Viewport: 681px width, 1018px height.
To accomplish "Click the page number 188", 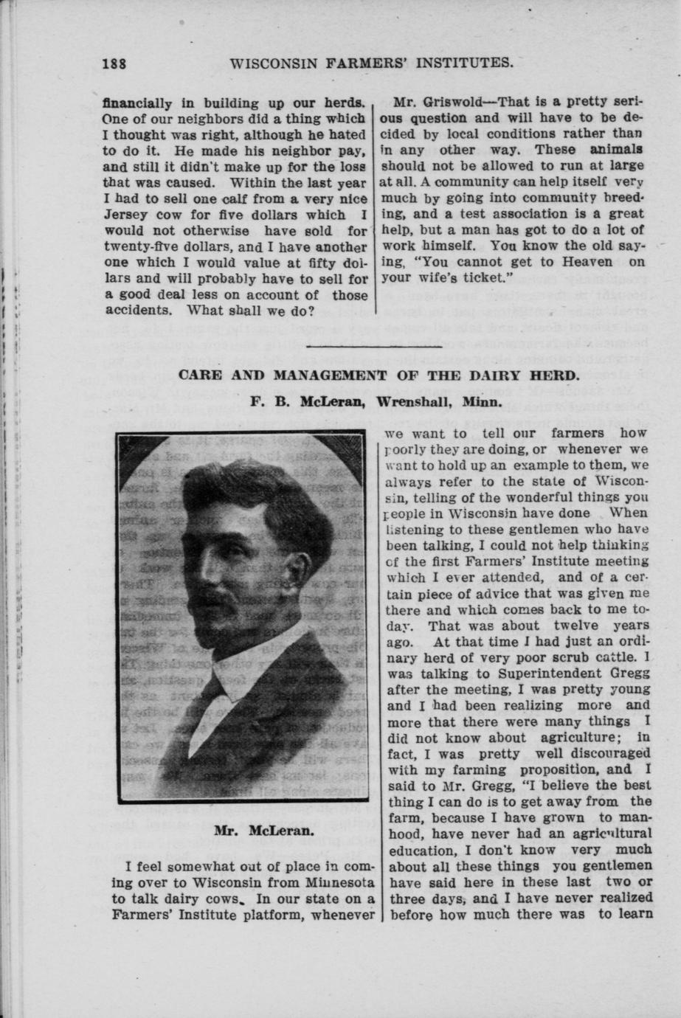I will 114,63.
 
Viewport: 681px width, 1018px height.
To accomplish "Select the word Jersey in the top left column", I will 125,215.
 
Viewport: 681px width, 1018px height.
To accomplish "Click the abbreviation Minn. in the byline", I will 483,403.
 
